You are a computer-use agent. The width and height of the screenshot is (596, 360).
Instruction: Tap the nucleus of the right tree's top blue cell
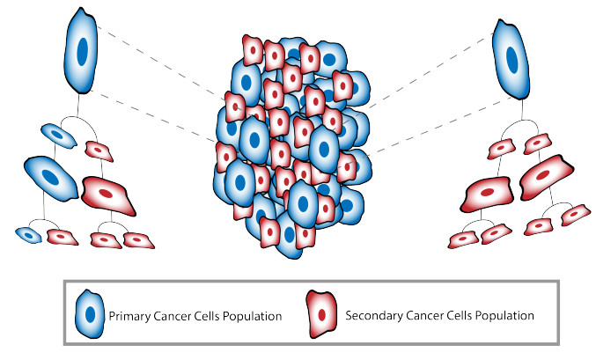click(511, 60)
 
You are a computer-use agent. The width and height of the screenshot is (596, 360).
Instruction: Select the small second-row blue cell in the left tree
click(58, 136)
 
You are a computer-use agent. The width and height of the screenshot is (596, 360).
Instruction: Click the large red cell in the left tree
click(108, 194)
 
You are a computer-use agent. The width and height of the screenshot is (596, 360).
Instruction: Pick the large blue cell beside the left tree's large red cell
click(50, 177)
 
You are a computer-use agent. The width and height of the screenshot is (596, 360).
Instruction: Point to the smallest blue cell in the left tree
click(30, 235)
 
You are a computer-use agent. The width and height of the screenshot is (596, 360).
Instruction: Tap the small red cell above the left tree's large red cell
click(98, 150)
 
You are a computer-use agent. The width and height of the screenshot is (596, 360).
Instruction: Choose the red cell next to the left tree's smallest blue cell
click(62, 237)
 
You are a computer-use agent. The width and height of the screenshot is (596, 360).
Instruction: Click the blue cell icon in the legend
click(89, 312)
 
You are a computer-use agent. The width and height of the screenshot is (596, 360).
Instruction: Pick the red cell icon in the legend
click(322, 312)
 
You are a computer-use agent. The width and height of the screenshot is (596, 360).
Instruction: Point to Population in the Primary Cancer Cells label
click(253, 314)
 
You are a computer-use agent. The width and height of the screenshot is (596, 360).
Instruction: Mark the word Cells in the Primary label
click(209, 314)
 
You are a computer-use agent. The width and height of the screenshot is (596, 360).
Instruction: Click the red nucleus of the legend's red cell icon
click(322, 314)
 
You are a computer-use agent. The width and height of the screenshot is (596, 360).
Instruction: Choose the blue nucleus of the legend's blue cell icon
click(89, 314)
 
